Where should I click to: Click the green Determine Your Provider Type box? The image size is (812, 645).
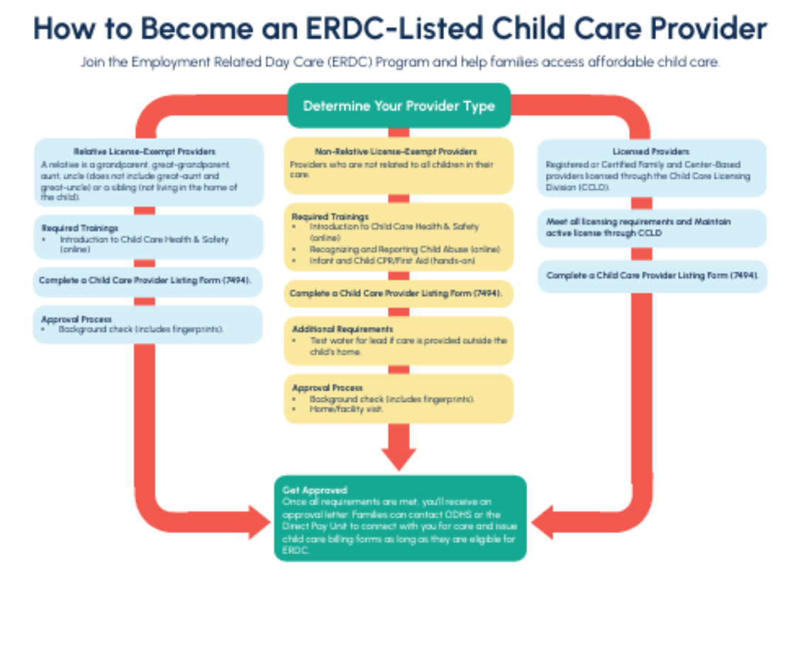pyautogui.click(x=399, y=106)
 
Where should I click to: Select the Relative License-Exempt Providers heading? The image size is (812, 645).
pyautogui.click(x=144, y=152)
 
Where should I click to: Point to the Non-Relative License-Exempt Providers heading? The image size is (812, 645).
pyautogui.click(x=396, y=152)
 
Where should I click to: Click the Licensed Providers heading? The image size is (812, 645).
pyautogui.click(x=650, y=152)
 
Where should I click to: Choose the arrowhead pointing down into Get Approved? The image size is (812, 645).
pyautogui.click(x=399, y=457)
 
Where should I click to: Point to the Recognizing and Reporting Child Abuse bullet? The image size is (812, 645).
pyautogui.click(x=405, y=249)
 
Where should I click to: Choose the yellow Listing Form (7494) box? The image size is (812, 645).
pyautogui.click(x=399, y=293)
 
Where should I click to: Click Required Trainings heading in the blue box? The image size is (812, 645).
pyautogui.click(x=80, y=228)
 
